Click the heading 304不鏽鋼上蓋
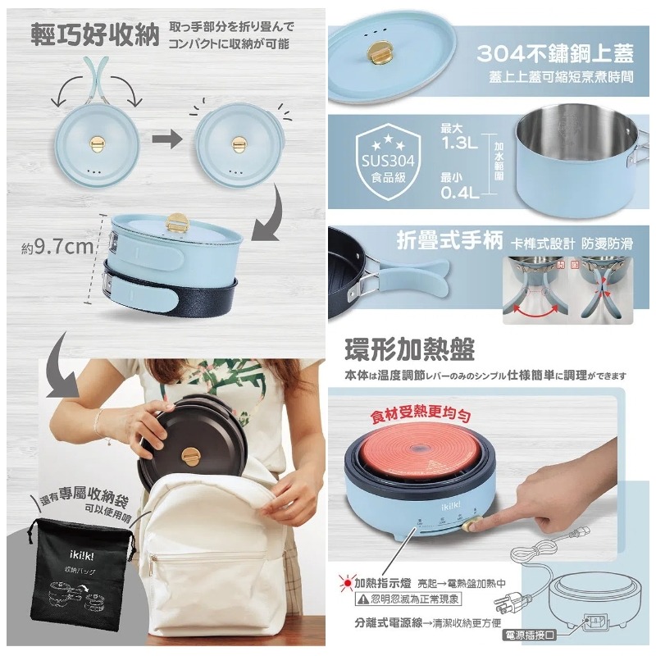554,55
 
